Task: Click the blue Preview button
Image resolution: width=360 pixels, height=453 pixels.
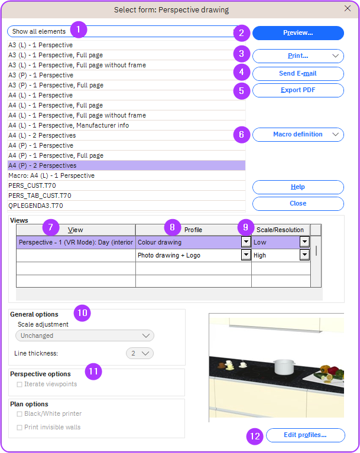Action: click(298, 33)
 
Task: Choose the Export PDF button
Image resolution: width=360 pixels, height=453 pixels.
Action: click(298, 90)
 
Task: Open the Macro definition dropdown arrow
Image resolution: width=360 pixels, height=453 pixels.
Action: click(335, 135)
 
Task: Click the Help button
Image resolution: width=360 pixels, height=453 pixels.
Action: click(298, 187)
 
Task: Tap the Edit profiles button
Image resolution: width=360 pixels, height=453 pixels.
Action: click(306, 435)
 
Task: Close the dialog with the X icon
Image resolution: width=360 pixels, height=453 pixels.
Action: click(348, 9)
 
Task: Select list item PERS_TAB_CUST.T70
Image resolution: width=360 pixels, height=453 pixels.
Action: click(40, 195)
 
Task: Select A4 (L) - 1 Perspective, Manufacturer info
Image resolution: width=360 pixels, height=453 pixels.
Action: click(69, 125)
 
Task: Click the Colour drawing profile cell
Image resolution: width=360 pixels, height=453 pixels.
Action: click(188, 242)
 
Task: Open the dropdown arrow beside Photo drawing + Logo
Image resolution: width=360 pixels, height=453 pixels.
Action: click(246, 255)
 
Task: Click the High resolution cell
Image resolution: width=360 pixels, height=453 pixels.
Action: click(276, 255)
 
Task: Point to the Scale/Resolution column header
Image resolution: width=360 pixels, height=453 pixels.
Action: click(280, 230)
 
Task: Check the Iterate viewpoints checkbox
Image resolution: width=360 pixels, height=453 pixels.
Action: click(20, 384)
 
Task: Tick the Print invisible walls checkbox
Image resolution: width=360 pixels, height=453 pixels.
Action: click(20, 428)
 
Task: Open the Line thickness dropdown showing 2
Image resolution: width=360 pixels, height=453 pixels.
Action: click(140, 353)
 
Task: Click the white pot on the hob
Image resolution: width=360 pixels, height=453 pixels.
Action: click(284, 366)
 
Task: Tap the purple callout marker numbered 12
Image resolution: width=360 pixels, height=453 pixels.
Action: click(255, 436)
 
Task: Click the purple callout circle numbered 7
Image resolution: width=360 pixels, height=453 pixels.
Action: click(51, 227)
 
